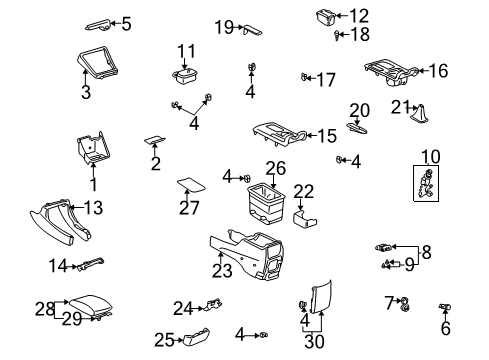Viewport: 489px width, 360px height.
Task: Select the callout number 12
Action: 359,15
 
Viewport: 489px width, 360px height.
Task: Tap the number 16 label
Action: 467,70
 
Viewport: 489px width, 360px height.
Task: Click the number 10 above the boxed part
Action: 430,156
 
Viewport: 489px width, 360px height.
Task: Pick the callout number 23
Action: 221,271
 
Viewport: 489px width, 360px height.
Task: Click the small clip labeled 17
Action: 304,76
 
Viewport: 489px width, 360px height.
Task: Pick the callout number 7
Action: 388,300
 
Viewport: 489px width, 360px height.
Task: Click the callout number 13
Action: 93,208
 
